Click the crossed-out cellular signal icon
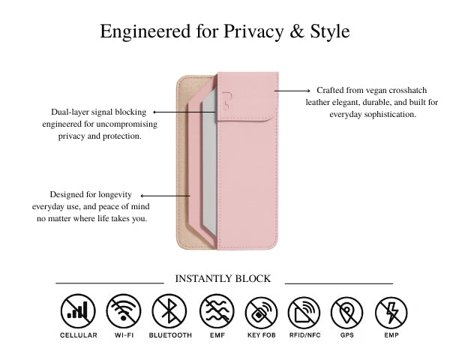(78, 311)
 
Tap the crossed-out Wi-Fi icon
(124, 311)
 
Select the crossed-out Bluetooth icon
(169, 311)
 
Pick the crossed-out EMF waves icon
(217, 311)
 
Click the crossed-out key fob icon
(261, 313)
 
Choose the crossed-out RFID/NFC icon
(304, 313)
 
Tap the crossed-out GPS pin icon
(346, 313)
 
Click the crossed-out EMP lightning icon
(391, 313)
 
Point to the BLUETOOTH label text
(170, 335)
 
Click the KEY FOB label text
(262, 335)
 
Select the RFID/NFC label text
(304, 335)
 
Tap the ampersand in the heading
(297, 31)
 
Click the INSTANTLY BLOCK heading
(223, 278)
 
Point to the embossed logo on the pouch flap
(226, 100)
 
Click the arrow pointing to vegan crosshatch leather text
(292, 91)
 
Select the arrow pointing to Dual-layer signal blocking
(184, 112)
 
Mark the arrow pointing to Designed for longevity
(165, 196)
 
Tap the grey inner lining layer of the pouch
(210, 160)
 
